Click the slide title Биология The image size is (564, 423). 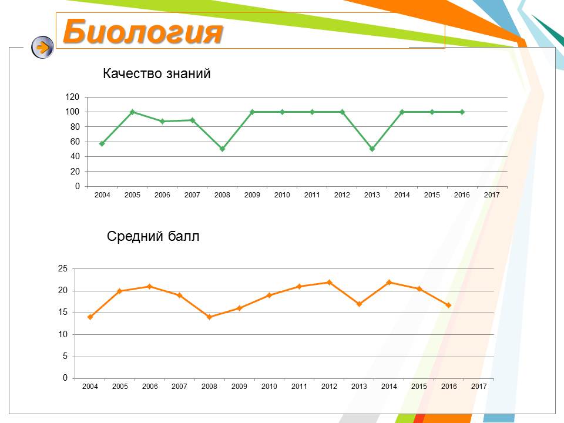(x=143, y=32)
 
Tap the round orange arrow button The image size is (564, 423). (x=42, y=47)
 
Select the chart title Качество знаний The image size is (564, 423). (x=156, y=73)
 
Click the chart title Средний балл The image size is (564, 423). (x=153, y=236)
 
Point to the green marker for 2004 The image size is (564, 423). (x=102, y=143)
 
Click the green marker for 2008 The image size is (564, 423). (x=222, y=149)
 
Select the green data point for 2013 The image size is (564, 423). (x=372, y=149)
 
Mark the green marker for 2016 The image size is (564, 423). (x=462, y=112)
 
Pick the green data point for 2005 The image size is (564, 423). (x=132, y=112)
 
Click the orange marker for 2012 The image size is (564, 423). (x=329, y=283)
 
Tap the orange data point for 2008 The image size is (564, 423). (x=209, y=317)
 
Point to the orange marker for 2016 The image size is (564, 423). (x=448, y=305)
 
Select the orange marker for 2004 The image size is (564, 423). (x=90, y=317)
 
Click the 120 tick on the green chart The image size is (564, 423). (x=72, y=97)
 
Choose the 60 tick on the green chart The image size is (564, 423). (x=75, y=142)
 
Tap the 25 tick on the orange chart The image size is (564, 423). (x=63, y=268)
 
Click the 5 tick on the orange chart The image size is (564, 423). (x=65, y=356)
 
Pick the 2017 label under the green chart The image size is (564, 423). (x=492, y=194)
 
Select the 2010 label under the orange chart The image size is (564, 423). (x=269, y=387)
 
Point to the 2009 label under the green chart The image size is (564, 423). (x=252, y=194)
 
